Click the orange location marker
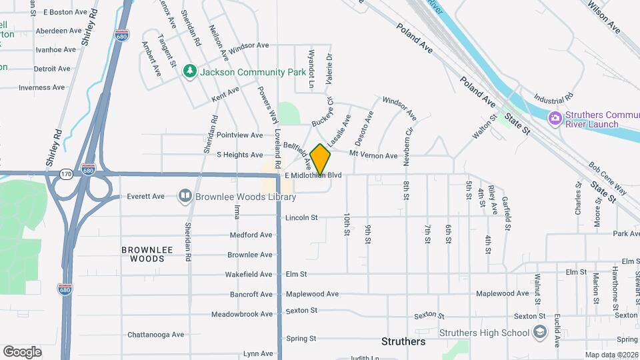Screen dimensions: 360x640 (x=321, y=159)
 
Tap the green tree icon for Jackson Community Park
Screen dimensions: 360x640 (x=191, y=71)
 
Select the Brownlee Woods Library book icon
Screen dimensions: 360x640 (x=183, y=196)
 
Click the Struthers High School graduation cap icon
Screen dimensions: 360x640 (x=539, y=333)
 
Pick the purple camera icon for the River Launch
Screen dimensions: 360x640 (x=554, y=118)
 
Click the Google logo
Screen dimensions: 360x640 (x=23, y=351)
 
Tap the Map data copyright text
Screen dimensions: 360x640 (x=611, y=355)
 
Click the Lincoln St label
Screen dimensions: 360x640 (x=301, y=217)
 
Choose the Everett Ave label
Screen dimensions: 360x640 (x=145, y=197)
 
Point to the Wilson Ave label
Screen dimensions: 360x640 (x=603, y=17)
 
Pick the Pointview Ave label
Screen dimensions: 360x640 (x=240, y=135)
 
